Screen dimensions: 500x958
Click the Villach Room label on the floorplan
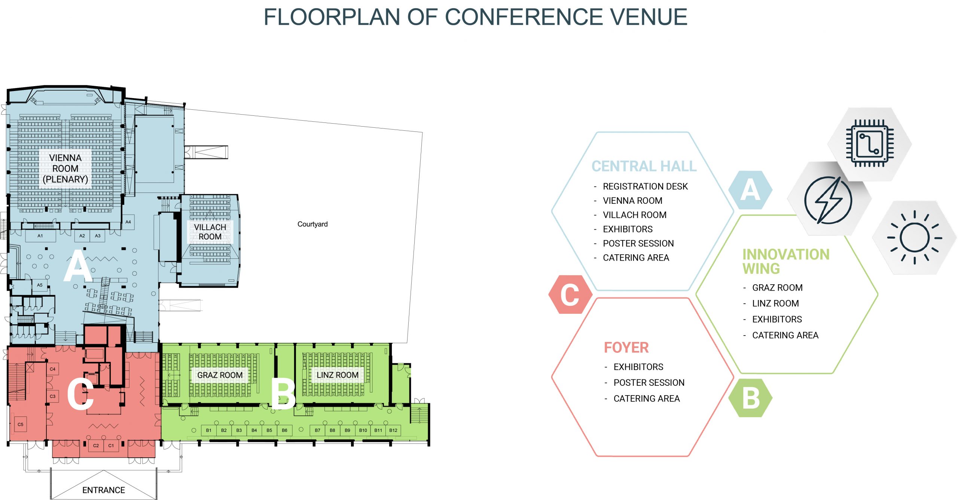(x=210, y=232)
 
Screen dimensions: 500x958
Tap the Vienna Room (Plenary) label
(x=65, y=169)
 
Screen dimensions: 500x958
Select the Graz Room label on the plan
(x=220, y=375)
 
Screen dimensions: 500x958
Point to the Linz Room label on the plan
(x=337, y=375)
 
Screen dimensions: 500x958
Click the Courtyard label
(x=312, y=224)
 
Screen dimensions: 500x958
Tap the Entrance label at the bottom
(x=104, y=490)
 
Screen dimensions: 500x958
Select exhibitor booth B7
(x=317, y=430)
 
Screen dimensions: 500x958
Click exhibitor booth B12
(x=393, y=430)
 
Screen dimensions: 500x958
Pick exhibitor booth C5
(x=21, y=424)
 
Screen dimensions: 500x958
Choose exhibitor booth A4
(x=128, y=222)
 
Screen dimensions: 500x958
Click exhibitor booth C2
(x=96, y=445)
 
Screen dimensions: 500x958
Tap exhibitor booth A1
(x=40, y=236)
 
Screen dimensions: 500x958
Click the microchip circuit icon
(x=870, y=143)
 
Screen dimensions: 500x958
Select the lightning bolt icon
(x=829, y=200)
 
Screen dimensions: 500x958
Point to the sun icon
(x=914, y=237)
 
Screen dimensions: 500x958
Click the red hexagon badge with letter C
(x=570, y=294)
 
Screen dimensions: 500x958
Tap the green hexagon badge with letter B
(x=750, y=398)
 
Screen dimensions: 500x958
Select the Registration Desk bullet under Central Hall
(x=645, y=186)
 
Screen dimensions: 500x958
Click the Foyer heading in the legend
(x=626, y=348)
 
